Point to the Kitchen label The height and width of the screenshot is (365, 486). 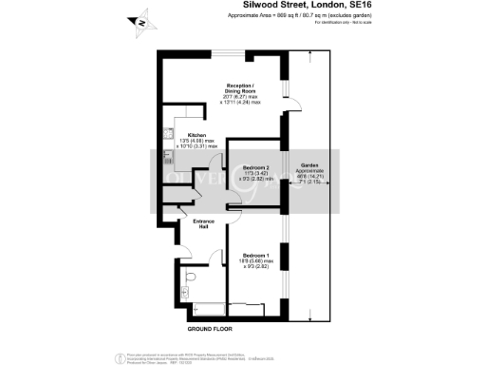[196, 135]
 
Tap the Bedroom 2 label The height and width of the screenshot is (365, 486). [255, 167]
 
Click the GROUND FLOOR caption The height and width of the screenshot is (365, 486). [209, 328]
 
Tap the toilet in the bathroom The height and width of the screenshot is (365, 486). [190, 276]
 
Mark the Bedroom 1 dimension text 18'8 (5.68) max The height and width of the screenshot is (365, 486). [257, 261]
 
